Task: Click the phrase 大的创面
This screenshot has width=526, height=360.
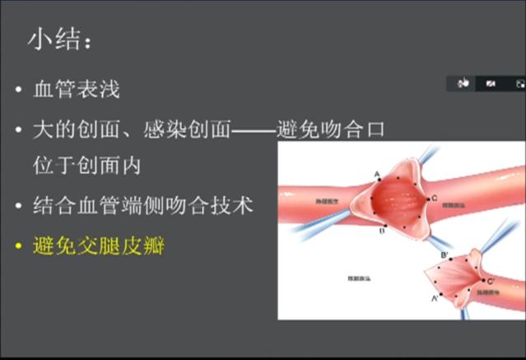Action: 73,129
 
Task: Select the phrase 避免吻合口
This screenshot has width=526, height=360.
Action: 330,129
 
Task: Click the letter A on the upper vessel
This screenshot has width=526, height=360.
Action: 377,174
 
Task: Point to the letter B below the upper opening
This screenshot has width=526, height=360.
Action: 382,231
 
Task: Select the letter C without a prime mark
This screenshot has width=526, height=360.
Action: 434,199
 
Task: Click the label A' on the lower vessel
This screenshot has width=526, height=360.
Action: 435,299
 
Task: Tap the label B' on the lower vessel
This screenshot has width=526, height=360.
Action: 445,255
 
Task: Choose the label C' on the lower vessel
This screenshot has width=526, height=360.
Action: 491,282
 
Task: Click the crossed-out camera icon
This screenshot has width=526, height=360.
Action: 491,83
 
